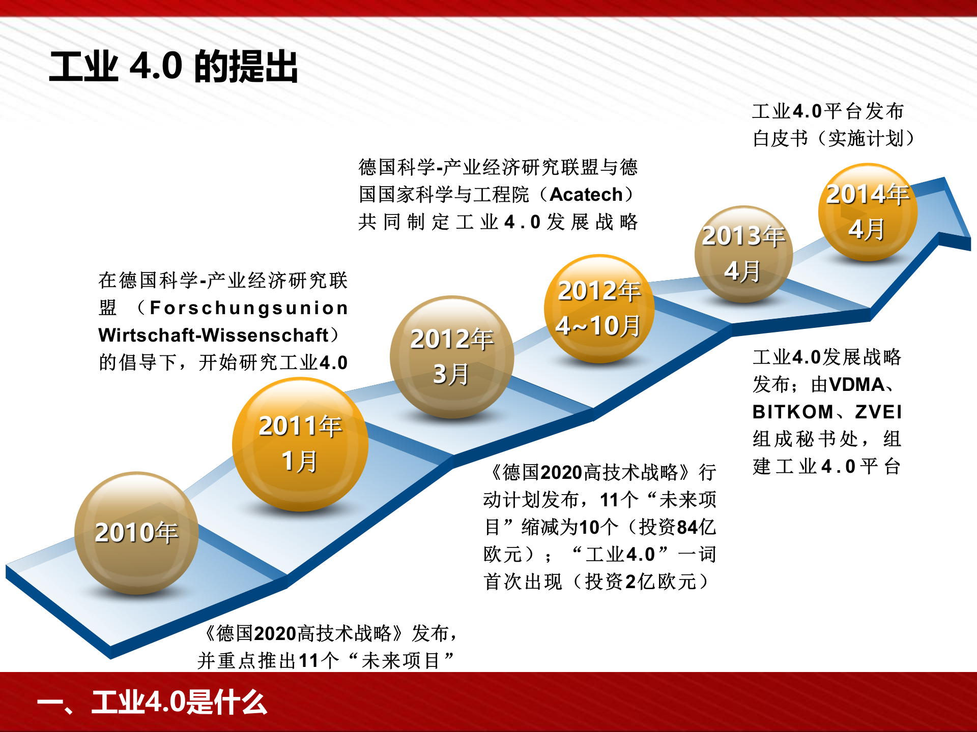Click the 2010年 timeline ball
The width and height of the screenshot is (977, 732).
pos(136,533)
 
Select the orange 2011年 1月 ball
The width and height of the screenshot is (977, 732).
pos(300,444)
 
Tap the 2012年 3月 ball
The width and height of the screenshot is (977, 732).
pos(451,357)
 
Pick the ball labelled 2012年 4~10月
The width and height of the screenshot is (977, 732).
pos(599,309)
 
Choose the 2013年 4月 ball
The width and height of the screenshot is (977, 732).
pos(743,254)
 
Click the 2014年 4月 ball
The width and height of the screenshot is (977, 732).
pos(868,212)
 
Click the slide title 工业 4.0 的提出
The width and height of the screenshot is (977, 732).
pos(174,67)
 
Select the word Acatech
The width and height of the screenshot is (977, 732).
pos(586,195)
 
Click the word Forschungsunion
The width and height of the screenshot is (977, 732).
pos(249,308)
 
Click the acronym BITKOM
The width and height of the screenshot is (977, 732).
pos(793,412)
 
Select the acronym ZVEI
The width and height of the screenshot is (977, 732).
pos(878,412)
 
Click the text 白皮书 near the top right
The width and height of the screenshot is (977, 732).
pos(780,138)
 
